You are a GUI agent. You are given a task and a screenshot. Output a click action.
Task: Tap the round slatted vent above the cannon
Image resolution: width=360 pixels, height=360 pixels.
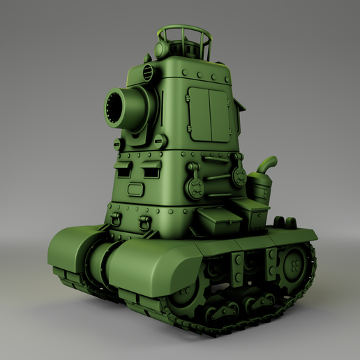[x=148, y=72]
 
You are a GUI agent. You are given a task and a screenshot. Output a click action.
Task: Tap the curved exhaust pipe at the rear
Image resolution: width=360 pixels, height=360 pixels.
[x=267, y=167]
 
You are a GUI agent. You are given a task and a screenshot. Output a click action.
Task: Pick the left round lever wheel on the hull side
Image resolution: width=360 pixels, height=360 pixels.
[x=196, y=186]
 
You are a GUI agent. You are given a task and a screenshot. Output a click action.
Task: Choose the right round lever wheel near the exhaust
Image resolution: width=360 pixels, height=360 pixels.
[x=239, y=178]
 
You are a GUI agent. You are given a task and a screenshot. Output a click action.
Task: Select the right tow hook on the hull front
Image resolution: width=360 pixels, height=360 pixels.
[x=145, y=223]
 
